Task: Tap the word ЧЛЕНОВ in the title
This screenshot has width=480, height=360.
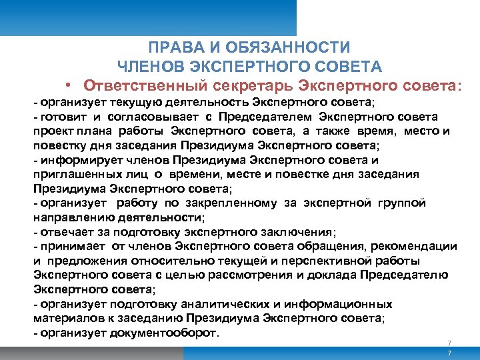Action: pyautogui.click(x=150, y=67)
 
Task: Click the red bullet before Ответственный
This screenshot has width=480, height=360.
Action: pyautogui.click(x=69, y=85)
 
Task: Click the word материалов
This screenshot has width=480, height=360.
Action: pyautogui.click(x=67, y=319)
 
